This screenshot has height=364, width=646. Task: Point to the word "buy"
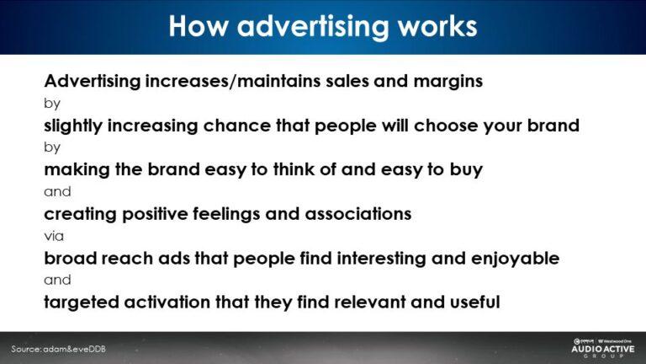point(465,169)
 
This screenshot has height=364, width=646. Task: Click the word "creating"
point(80,213)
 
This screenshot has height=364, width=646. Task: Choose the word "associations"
point(357,213)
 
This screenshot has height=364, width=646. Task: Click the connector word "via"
point(54,236)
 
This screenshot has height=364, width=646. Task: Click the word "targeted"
point(81,301)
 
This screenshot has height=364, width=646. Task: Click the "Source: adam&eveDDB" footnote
point(59,349)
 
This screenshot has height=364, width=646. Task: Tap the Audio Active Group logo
point(602,346)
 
